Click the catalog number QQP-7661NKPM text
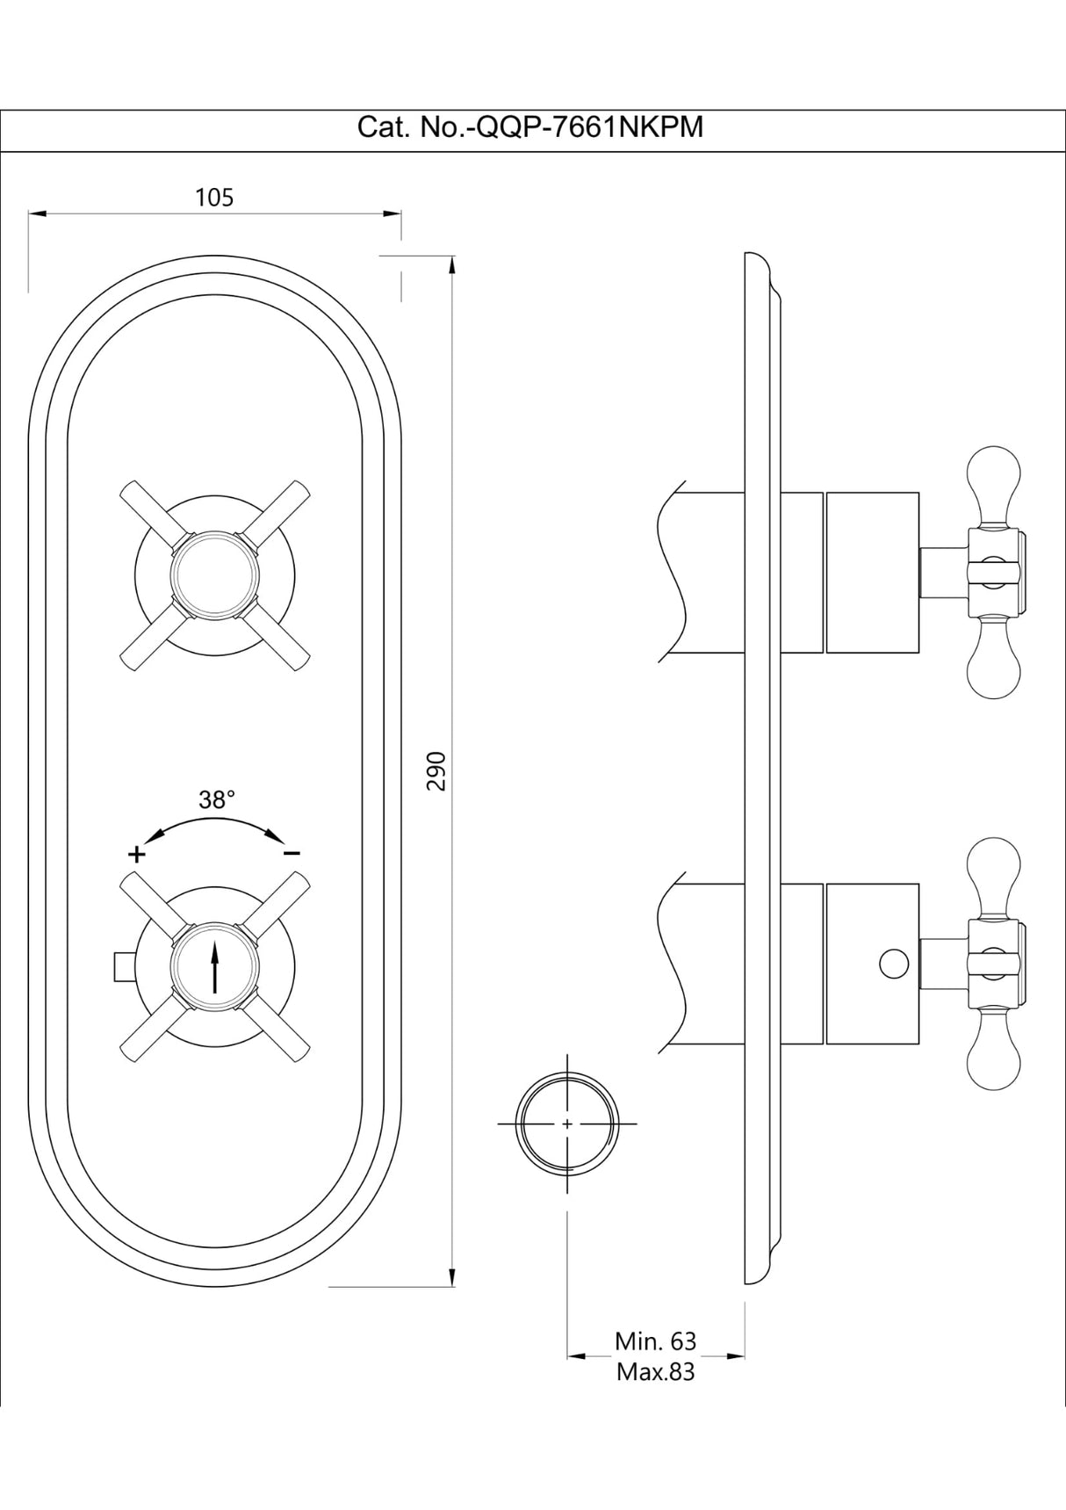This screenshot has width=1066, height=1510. (529, 128)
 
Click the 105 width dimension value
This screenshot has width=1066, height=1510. (214, 198)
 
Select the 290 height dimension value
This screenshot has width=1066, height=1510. (436, 770)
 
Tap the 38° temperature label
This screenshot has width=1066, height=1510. (217, 799)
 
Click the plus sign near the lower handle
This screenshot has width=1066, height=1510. (136, 853)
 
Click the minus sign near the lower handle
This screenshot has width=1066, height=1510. (292, 853)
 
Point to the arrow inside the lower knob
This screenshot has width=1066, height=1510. (215, 967)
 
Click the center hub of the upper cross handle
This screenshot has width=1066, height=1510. (215, 576)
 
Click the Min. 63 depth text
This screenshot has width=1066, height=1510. (655, 1341)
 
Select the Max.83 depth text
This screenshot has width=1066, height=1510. (655, 1371)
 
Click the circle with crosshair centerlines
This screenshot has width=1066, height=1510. (567, 1123)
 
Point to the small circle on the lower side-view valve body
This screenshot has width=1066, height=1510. (893, 964)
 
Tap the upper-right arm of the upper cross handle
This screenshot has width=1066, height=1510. (279, 509)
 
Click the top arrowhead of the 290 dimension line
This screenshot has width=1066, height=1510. (451, 264)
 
